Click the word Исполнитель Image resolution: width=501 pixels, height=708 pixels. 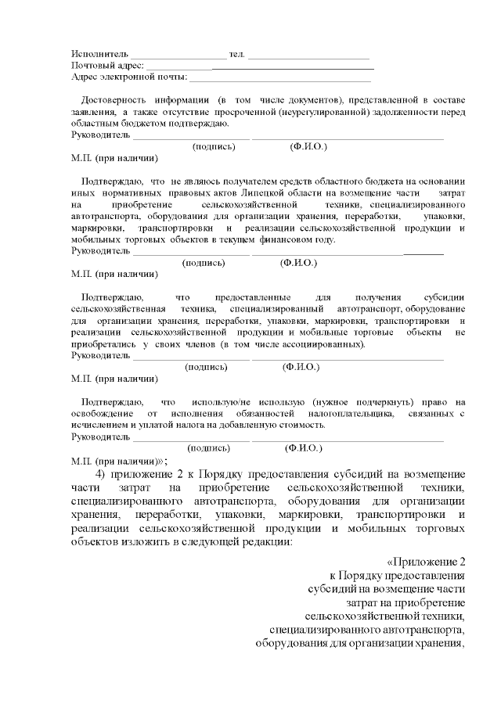click(95, 54)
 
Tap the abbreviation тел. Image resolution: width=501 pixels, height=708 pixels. click(236, 54)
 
